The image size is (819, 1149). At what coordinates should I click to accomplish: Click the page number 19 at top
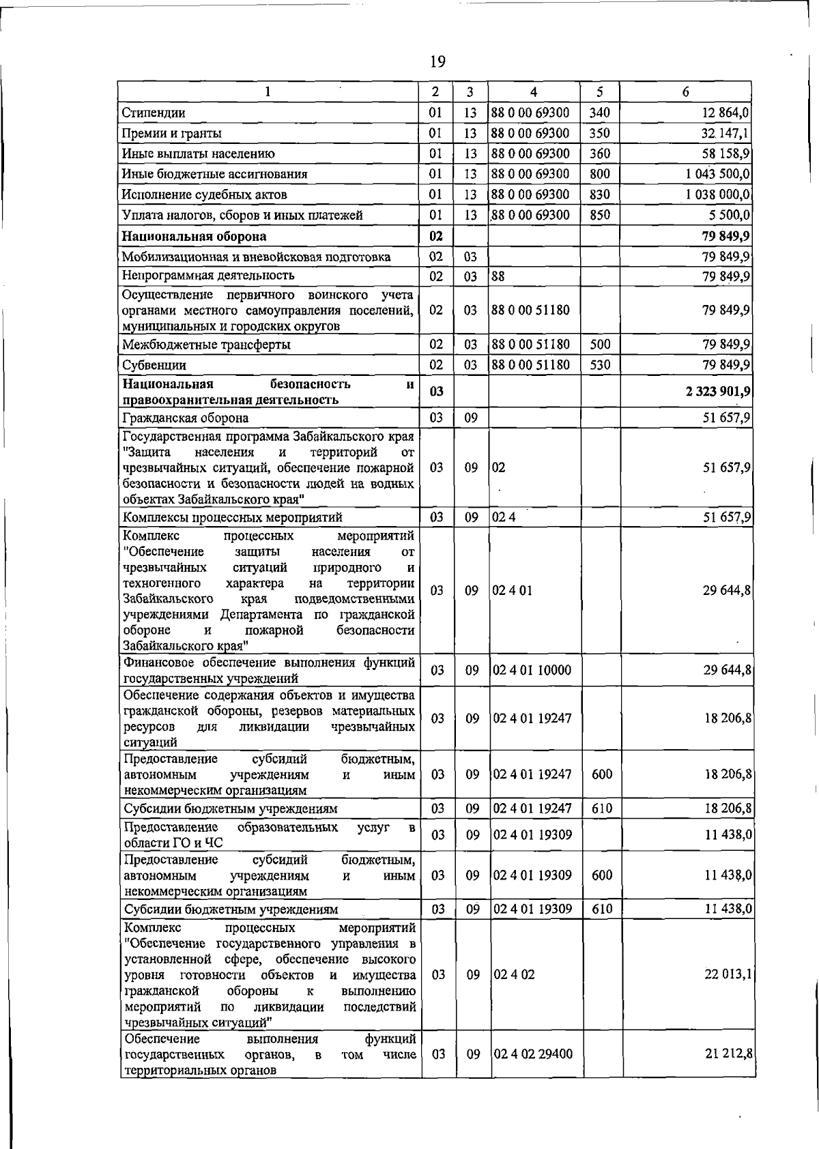pos(437,62)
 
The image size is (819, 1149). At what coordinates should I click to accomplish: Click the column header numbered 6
pos(685,92)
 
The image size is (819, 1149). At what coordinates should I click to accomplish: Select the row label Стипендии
pos(154,113)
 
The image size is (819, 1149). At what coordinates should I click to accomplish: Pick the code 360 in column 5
pos(600,154)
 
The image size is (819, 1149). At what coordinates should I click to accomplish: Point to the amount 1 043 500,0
pos(718,174)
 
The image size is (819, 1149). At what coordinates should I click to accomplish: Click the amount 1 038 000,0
pos(718,194)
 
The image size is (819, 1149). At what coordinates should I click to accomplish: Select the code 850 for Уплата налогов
pos(600,215)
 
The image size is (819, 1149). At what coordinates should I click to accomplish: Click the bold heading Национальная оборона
pos(194,237)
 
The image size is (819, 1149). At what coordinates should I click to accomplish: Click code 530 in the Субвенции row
pos(600,365)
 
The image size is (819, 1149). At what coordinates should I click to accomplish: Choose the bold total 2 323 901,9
pos(718,391)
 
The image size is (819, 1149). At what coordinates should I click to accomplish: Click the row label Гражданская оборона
pos(185,418)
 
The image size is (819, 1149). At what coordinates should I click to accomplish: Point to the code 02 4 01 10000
pos(532,671)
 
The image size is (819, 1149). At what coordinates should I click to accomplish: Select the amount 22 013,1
pos(728,974)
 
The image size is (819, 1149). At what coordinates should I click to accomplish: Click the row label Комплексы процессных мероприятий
pos(232,517)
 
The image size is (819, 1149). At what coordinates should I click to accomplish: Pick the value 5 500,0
pos(730,215)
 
